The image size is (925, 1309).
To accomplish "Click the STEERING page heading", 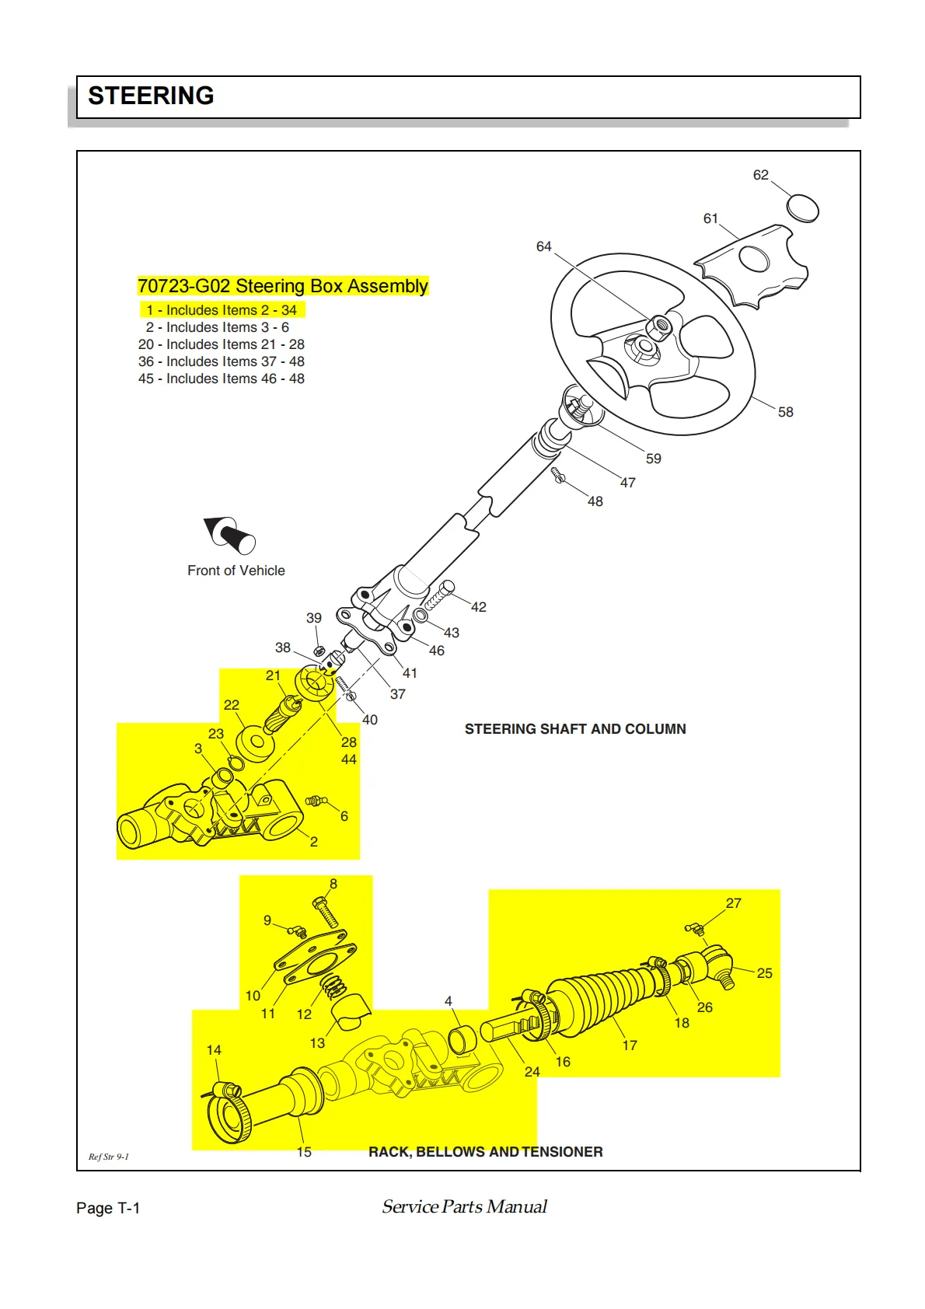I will coord(151,96).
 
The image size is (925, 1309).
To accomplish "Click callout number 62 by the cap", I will coord(760,175).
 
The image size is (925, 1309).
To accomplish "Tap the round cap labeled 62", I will coord(802,208).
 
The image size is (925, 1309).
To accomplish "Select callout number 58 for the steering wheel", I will coord(785,412).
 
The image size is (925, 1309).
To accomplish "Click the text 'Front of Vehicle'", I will coord(236,571).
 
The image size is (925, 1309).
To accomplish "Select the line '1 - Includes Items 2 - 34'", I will coord(222,310).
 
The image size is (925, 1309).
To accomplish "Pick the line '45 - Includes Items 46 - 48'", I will coord(222,379).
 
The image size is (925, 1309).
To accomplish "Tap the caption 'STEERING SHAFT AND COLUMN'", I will coord(575,729).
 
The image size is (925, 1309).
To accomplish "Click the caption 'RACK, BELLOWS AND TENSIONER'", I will coord(485,1152).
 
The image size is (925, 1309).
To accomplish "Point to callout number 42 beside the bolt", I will coord(479,607).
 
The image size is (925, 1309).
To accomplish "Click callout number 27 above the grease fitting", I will coord(734,903).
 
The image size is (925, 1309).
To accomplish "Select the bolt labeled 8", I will coord(325,911).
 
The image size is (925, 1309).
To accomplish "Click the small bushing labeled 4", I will coord(462,1039).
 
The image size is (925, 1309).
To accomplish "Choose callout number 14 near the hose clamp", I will coord(214,1050).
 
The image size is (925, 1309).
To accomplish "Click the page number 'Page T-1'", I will coord(108,1208).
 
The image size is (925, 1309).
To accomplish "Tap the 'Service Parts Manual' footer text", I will coord(464,1206).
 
